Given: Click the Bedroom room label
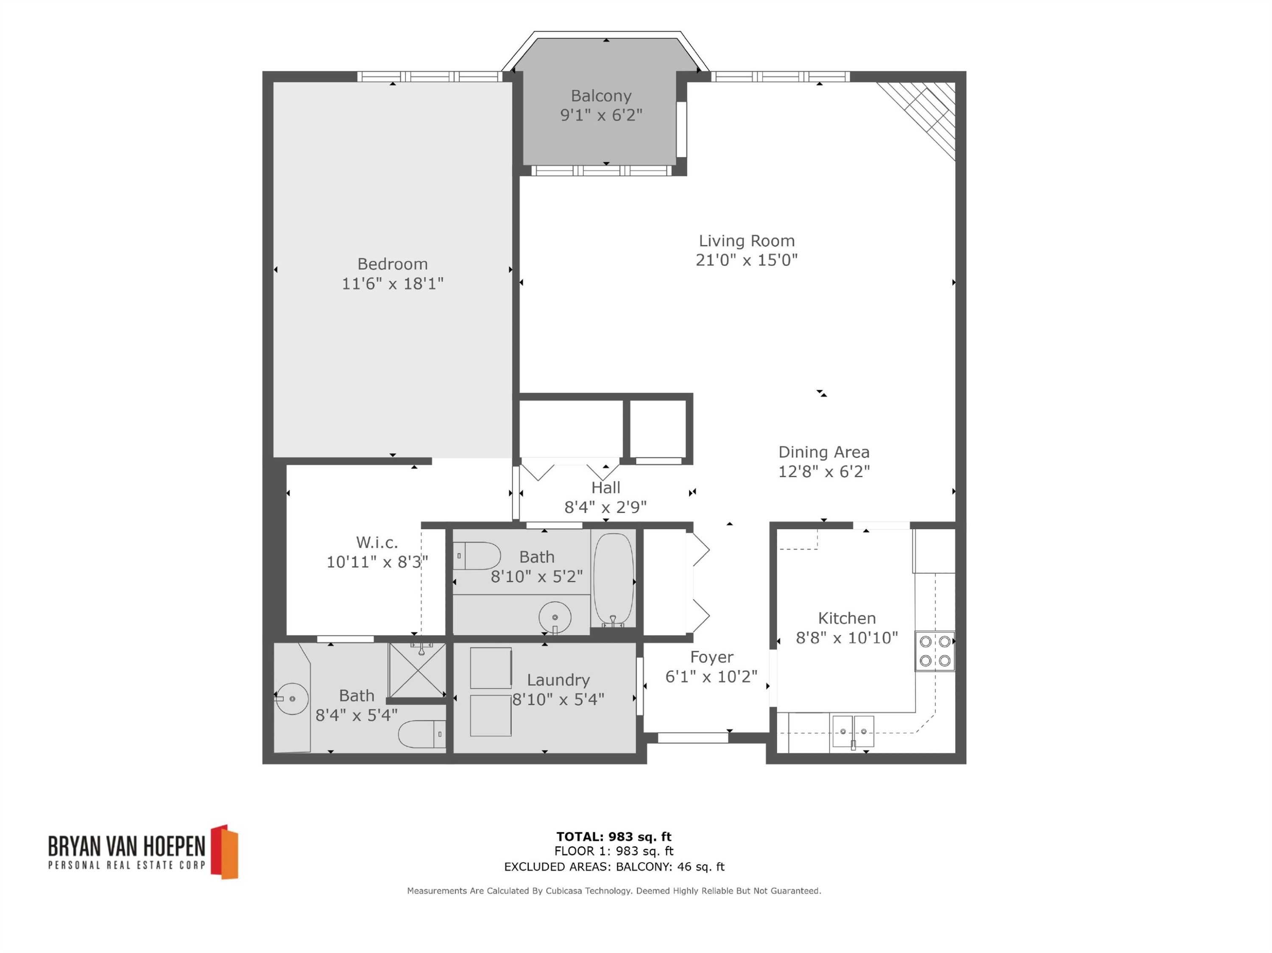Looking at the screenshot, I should coord(392,264).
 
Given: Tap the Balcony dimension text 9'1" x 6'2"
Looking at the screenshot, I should coord(601,115).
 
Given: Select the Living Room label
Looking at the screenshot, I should coord(746,240).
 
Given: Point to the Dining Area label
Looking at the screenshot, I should coord(823,452).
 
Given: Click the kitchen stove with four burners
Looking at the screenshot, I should coord(934,651).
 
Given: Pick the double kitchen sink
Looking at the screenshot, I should coord(853,732).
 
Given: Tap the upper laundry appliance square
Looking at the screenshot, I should coord(491,668).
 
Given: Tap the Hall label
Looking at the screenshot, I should coord(605,488).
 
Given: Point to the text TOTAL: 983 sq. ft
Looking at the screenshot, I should coord(614,837).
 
